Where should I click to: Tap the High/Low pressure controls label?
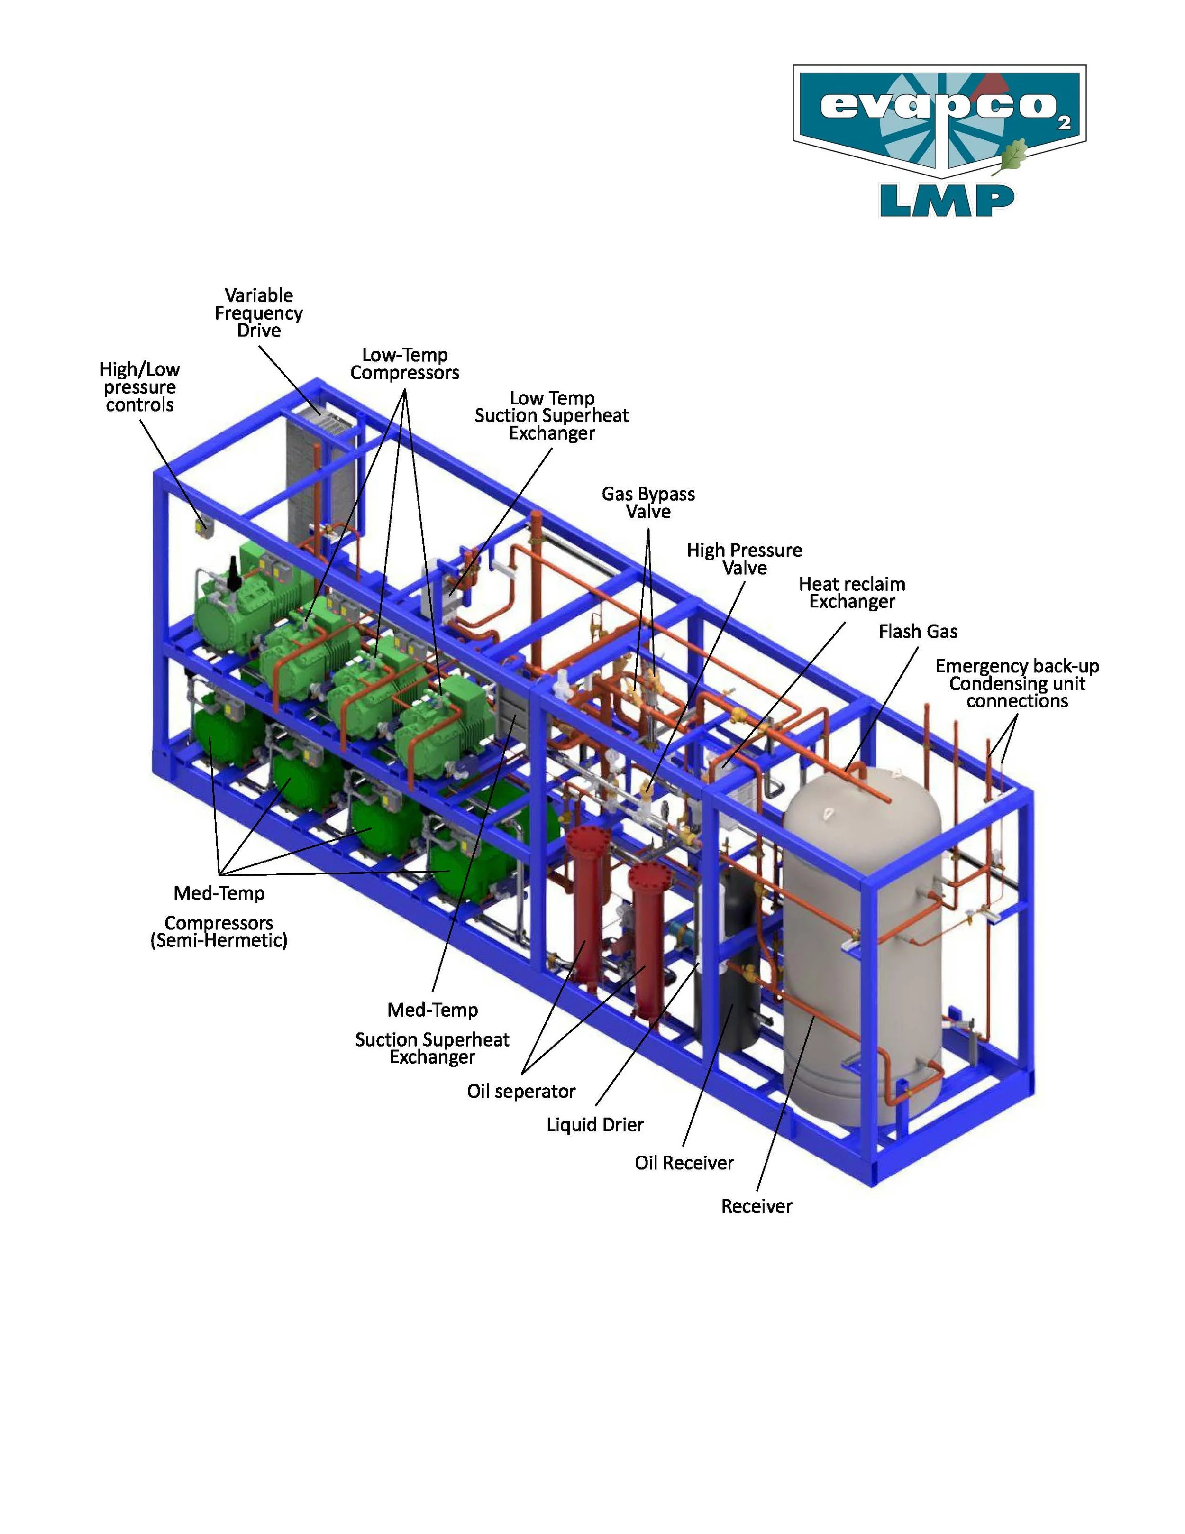click(x=140, y=387)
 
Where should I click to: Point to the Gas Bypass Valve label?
click(x=648, y=503)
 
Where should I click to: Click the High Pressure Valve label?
click(x=744, y=559)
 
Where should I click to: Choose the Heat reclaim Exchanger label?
click(x=852, y=593)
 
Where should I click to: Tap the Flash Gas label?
click(x=918, y=632)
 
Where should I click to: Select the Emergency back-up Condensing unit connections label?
click(x=1017, y=683)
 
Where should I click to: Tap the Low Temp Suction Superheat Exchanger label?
click(x=552, y=416)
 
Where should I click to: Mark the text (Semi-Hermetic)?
click(x=219, y=940)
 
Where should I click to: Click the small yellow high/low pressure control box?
click(x=203, y=526)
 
